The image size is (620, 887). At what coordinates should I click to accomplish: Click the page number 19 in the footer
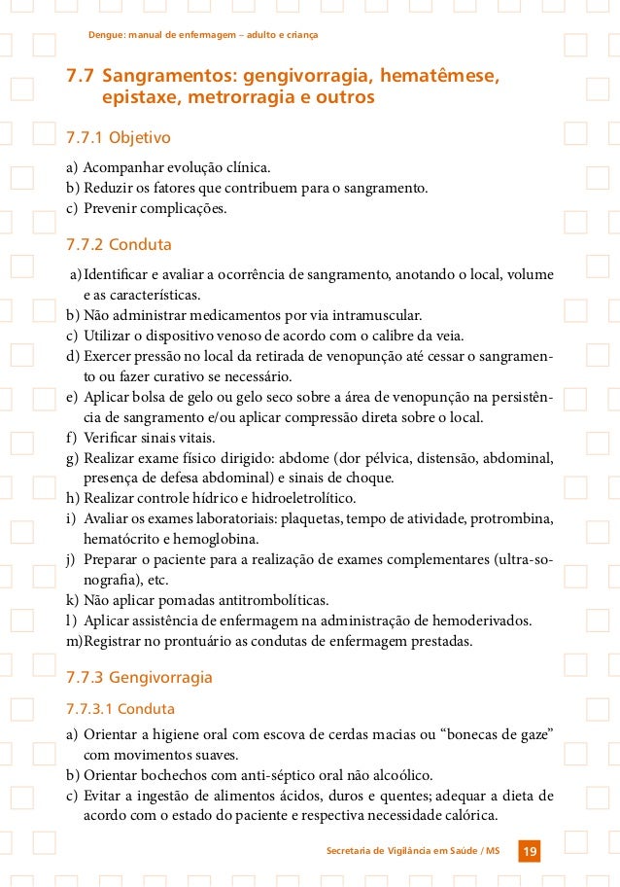click(530, 852)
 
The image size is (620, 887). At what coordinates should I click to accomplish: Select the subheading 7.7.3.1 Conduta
click(120, 708)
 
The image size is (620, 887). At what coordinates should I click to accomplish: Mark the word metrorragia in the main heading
click(246, 98)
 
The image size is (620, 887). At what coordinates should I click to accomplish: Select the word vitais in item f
click(206, 437)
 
